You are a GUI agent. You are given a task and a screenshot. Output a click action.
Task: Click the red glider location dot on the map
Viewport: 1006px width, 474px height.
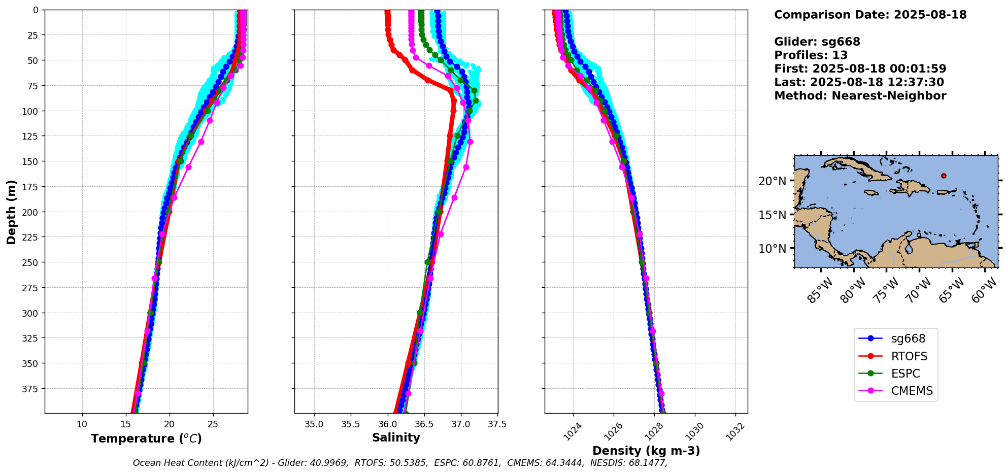[x=944, y=176]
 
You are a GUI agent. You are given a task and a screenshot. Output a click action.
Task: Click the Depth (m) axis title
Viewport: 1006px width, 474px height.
[x=11, y=212]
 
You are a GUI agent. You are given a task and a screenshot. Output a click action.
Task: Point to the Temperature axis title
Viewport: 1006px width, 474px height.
[x=146, y=438]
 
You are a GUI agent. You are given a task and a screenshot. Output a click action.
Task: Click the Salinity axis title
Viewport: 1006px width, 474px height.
[x=396, y=438]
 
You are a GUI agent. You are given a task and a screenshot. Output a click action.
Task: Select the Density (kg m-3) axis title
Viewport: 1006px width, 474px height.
[x=646, y=451]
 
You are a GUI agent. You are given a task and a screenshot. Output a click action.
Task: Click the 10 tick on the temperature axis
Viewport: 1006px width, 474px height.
[x=82, y=424]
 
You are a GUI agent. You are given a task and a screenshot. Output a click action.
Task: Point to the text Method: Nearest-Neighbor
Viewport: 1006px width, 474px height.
[x=860, y=96]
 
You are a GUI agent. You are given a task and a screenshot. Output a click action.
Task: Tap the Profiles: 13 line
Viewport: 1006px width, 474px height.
[x=811, y=55]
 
